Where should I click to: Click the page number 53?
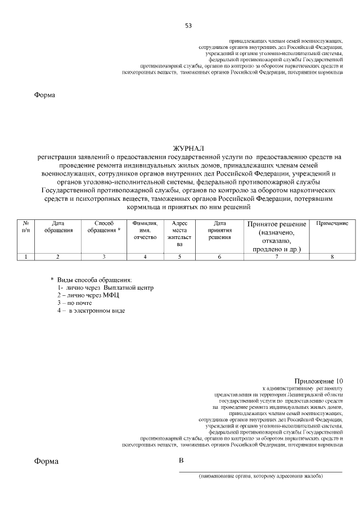coord(188,26)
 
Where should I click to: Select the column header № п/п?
coord(25,227)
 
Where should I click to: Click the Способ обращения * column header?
coord(104,227)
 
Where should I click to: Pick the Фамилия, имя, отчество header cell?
coord(145,230)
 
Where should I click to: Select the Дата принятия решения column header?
coord(220,230)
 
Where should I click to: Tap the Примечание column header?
coord(332,224)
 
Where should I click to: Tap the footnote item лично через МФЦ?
coord(88,295)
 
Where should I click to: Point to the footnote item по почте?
coord(78,303)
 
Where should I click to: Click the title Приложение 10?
coord(318,381)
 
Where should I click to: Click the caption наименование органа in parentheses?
coord(260,476)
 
